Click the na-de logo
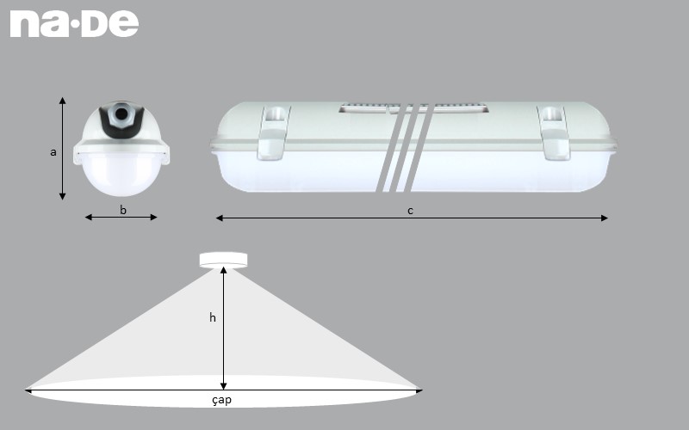pyautogui.click(x=74, y=23)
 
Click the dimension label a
pyautogui.click(x=53, y=152)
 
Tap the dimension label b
pyautogui.click(x=123, y=209)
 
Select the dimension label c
pyautogui.click(x=410, y=211)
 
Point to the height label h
pyautogui.click(x=213, y=317)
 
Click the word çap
pyautogui.click(x=221, y=400)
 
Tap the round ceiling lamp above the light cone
pyautogui.click(x=223, y=259)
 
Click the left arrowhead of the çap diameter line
pyautogui.click(x=29, y=390)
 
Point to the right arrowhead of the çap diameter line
pyautogui.click(x=419, y=390)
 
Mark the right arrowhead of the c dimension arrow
pyautogui.click(x=605, y=218)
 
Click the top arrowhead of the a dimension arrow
pyautogui.click(x=62, y=101)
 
